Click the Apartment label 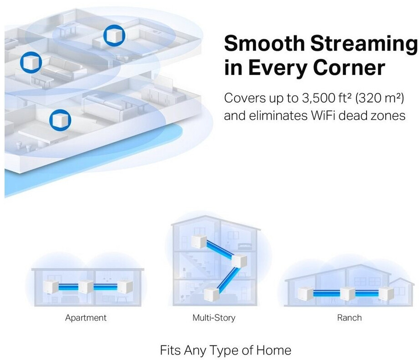(86, 318)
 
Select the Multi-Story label (214, 318)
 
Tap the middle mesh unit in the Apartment (86, 287)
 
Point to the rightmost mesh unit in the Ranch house (386, 293)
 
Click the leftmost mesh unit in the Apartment (51, 287)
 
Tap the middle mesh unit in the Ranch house (347, 293)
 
